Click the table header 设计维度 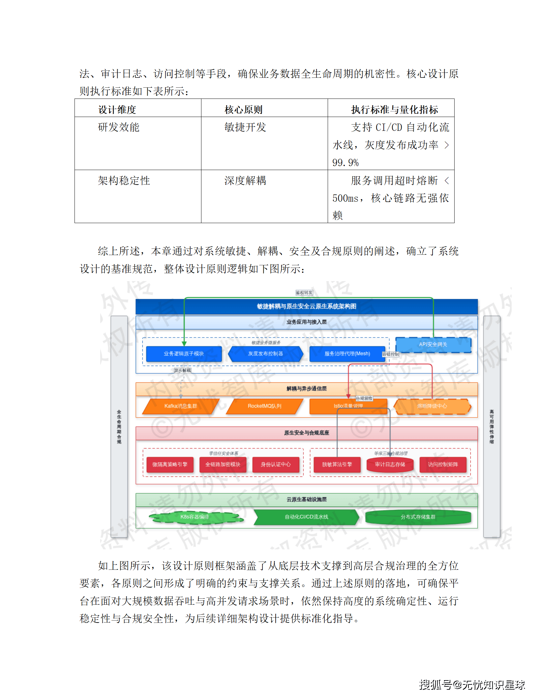coord(117,109)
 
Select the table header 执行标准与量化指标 coord(394,109)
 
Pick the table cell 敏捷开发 coord(245,127)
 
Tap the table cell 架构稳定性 coord(124,181)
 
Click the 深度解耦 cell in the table coord(245,181)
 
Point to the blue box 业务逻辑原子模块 coord(184,354)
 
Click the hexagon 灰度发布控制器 coord(265,354)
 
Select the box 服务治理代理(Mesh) coord(347,354)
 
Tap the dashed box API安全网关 coord(433,344)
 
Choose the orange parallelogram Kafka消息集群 coord(180,406)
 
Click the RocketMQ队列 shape coord(264,406)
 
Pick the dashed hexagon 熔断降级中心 coord(432,406)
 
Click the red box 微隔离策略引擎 coord(169,464)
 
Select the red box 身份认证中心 coord(276,464)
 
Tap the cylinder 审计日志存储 coord(390,464)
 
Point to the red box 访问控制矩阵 coord(443,464)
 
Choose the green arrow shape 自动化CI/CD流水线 coord(306,517)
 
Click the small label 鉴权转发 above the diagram coord(304,293)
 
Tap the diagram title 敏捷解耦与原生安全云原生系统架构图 coord(307,306)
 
